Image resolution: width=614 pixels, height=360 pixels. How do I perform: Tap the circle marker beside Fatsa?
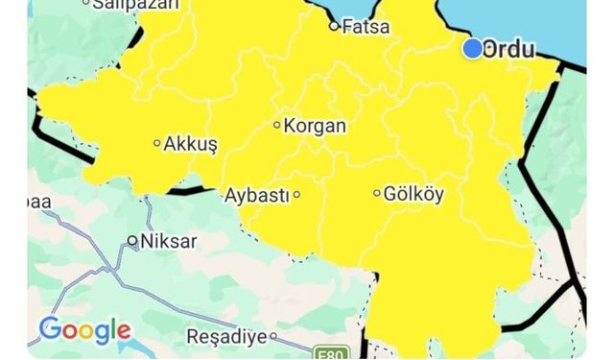tap(335, 27)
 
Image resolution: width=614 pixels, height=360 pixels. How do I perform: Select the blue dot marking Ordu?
tap(472, 48)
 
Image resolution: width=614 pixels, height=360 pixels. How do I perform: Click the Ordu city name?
tap(509, 49)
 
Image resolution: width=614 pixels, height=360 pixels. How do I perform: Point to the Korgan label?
tap(316, 125)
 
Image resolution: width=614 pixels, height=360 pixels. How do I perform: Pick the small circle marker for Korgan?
tap(277, 125)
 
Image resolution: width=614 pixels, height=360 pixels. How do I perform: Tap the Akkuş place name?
tap(192, 144)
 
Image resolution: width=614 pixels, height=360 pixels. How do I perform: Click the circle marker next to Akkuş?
tap(158, 144)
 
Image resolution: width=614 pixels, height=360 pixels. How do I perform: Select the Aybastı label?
tap(256, 195)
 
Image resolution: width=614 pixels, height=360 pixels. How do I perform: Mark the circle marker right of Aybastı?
tap(296, 195)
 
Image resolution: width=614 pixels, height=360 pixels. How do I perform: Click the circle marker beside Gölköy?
tap(377, 193)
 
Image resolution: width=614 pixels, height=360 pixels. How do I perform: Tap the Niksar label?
tap(168, 241)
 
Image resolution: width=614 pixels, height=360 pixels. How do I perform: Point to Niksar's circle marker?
tap(132, 240)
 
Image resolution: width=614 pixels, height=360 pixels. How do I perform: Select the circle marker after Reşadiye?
tap(273, 337)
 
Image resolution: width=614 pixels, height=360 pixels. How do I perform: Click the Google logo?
tap(84, 330)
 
